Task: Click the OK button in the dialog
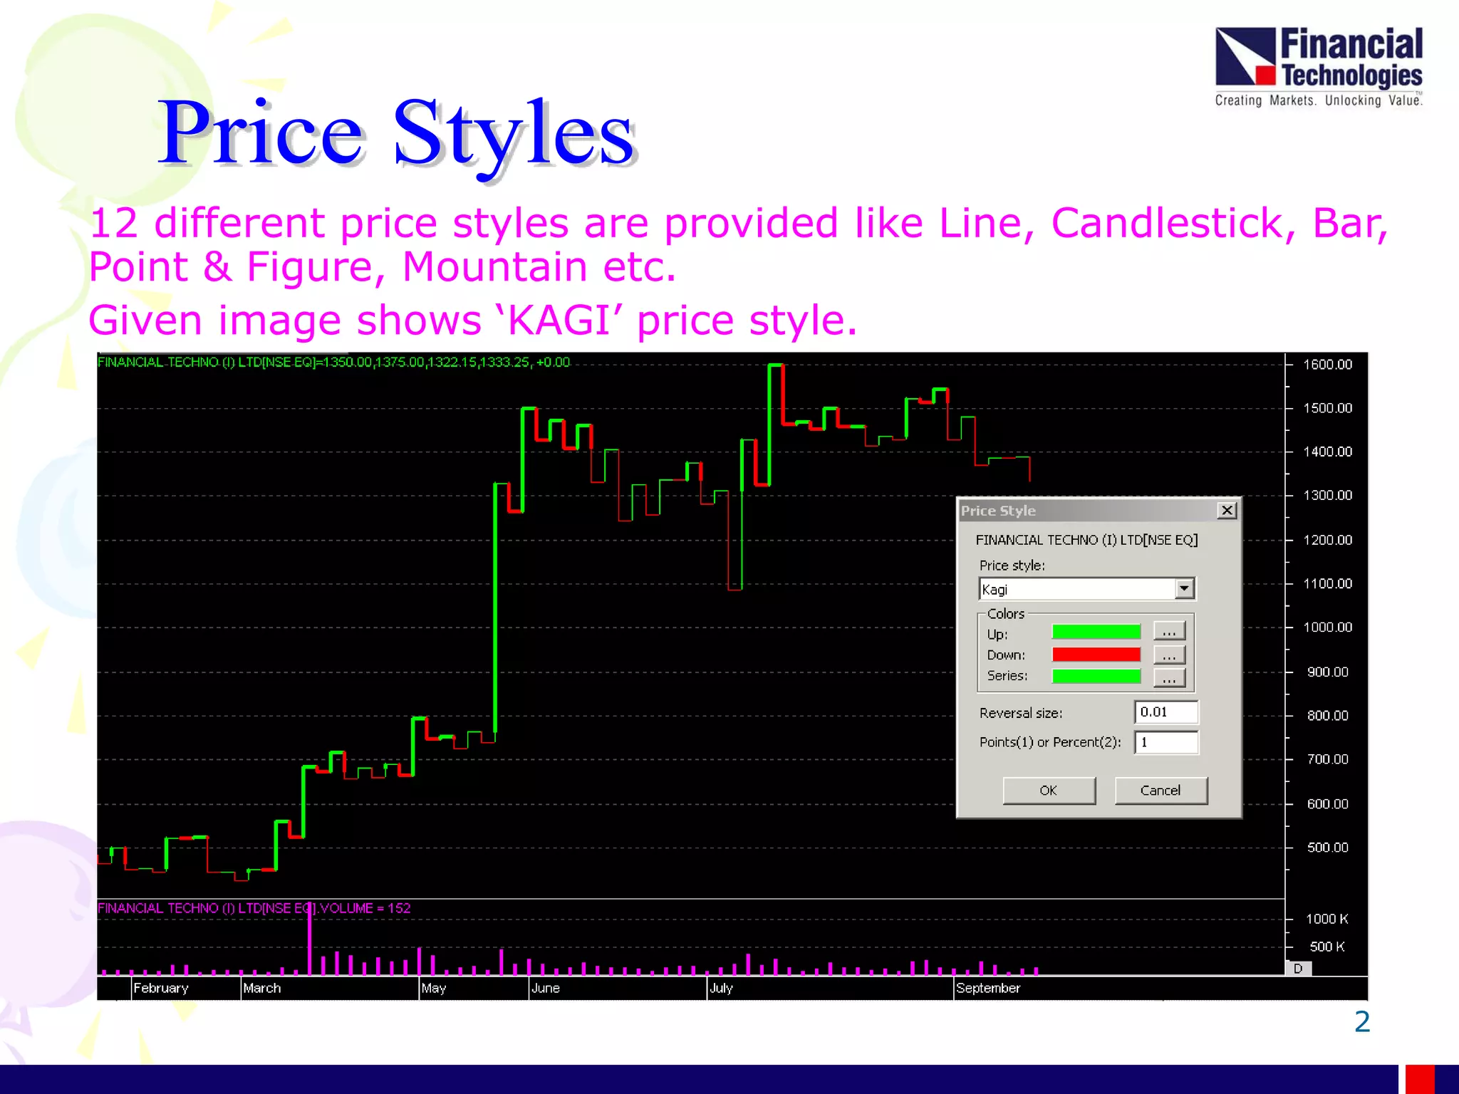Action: pyautogui.click(x=1049, y=791)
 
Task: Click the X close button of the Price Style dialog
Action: pyautogui.click(x=1226, y=511)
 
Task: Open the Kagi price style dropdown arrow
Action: pyautogui.click(x=1184, y=589)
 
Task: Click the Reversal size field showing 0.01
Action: pyautogui.click(x=1165, y=712)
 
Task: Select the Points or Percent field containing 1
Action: pyautogui.click(x=1165, y=742)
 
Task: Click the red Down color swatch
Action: pyautogui.click(x=1096, y=655)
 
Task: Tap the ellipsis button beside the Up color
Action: pyautogui.click(x=1169, y=632)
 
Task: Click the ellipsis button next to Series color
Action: pyautogui.click(x=1169, y=677)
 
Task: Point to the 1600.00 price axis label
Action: pyautogui.click(x=1327, y=365)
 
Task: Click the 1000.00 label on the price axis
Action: pyautogui.click(x=1327, y=627)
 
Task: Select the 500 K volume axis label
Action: pyautogui.click(x=1326, y=947)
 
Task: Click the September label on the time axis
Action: pyautogui.click(x=988, y=988)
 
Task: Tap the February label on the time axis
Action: pyautogui.click(x=161, y=988)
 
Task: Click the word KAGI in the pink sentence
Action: pyautogui.click(x=559, y=321)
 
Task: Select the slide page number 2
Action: pyautogui.click(x=1361, y=1022)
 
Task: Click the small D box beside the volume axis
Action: pyautogui.click(x=1298, y=969)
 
